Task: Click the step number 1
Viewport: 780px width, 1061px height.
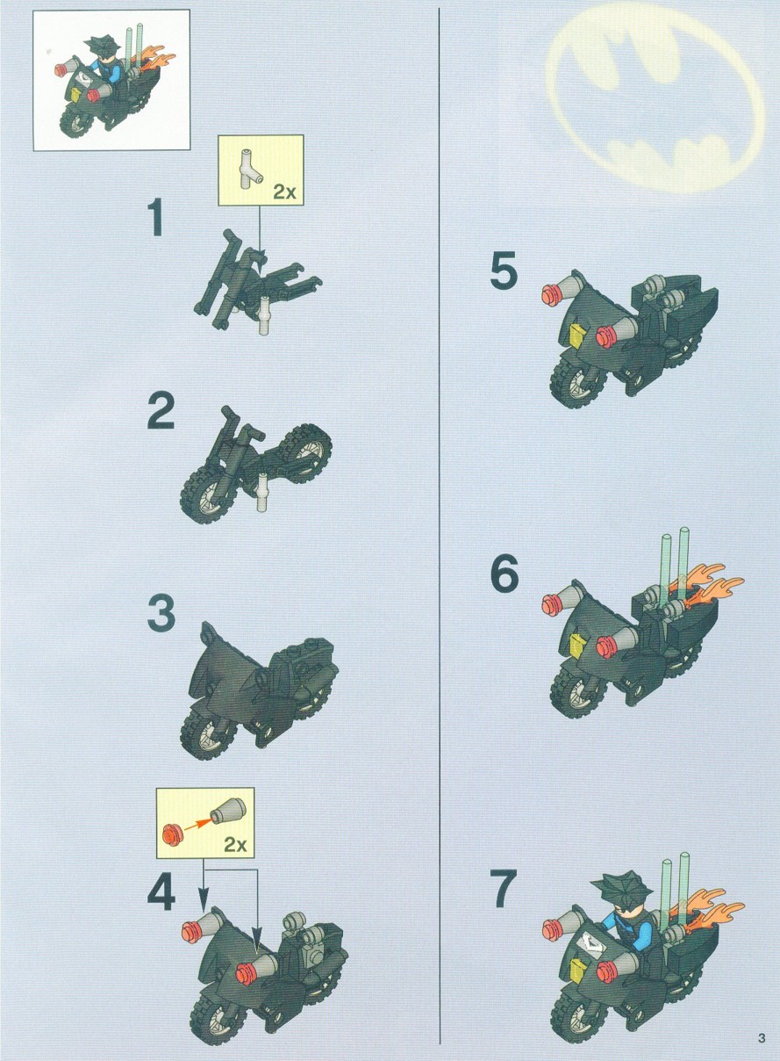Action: point(154,218)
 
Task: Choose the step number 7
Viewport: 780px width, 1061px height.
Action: point(504,889)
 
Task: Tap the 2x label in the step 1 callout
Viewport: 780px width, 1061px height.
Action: point(284,191)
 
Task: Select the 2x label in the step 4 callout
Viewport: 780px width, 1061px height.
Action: point(236,844)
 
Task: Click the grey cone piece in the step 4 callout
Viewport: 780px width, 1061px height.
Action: point(228,812)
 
